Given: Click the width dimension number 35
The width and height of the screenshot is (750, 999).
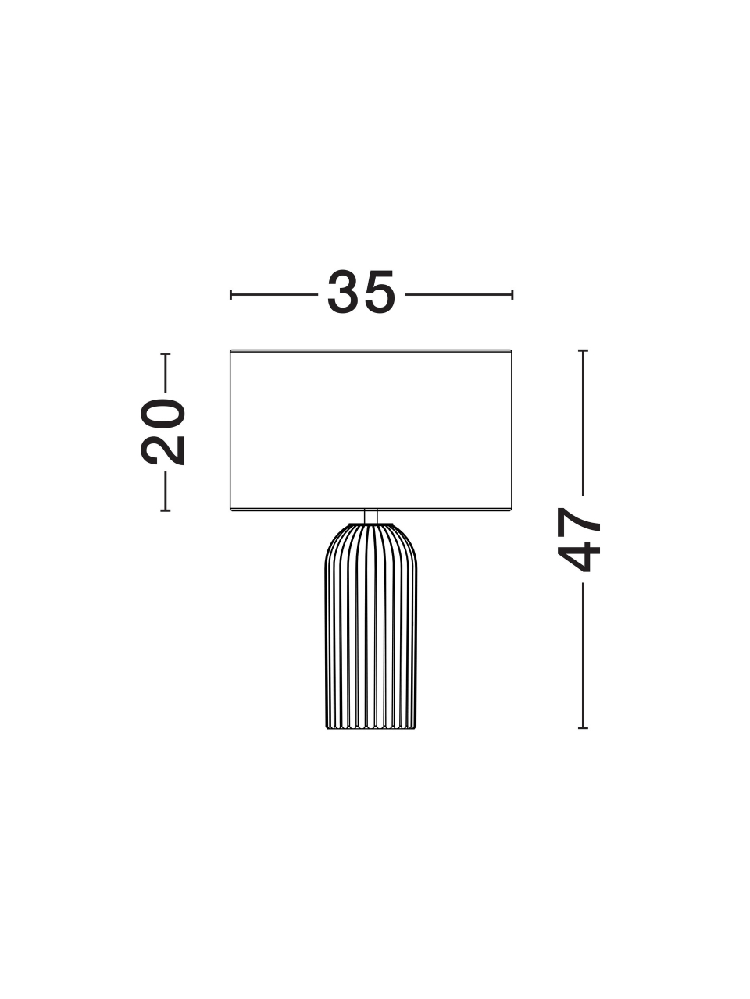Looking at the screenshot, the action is (x=361, y=292).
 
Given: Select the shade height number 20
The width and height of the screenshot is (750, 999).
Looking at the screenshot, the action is (x=162, y=432).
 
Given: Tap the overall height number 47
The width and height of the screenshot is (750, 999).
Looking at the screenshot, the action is (x=579, y=539).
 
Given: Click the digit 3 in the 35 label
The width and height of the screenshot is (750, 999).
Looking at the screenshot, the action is (x=344, y=292).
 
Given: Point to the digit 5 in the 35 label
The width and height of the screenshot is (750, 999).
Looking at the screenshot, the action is (x=378, y=292).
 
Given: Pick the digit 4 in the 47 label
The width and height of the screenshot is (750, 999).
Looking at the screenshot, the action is (x=579, y=557).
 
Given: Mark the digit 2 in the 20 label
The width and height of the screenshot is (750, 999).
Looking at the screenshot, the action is (x=162, y=450).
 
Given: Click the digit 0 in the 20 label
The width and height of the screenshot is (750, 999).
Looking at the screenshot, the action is (x=162, y=414).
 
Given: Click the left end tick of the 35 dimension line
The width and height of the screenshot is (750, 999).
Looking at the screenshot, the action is (x=231, y=294).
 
